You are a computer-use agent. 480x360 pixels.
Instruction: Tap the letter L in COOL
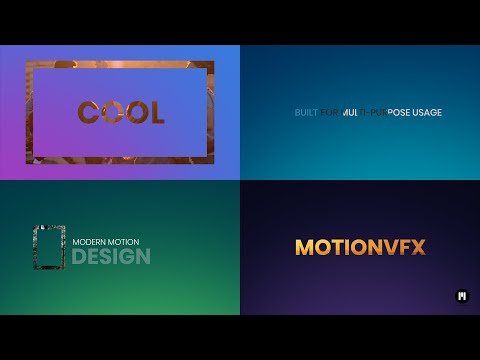point(155,112)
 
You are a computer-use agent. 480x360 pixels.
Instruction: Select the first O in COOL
point(111,112)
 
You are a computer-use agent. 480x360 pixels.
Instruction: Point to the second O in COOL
point(135,112)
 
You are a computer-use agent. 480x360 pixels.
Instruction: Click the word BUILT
point(306,112)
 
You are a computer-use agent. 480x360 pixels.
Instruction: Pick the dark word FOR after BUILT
point(330,112)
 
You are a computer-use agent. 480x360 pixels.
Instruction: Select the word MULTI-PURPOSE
point(376,112)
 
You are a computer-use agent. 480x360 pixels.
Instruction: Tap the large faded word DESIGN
point(111,257)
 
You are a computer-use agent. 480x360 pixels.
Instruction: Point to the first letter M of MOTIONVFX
point(304,247)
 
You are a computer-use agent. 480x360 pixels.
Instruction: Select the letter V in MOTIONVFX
point(386,247)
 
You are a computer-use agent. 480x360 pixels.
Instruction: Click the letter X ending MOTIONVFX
point(417,247)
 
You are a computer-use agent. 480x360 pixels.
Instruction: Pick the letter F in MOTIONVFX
point(402,247)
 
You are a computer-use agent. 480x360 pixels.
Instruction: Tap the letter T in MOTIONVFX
point(336,247)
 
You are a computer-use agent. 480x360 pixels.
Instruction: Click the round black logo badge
point(462,295)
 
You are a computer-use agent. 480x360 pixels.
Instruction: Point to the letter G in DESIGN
point(127,257)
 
